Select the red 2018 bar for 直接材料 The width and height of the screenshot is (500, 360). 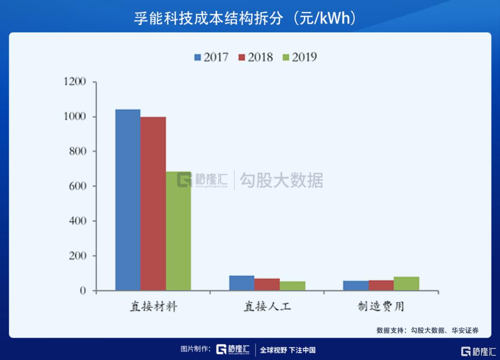[x=153, y=204]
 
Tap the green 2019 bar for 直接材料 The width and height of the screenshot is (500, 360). [x=178, y=231]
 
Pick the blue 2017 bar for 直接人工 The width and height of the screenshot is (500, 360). [x=242, y=283]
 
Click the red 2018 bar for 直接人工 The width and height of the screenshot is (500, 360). [x=267, y=284]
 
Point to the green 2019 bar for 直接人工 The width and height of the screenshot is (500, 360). [x=292, y=286]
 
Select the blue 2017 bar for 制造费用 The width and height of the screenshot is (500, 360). [x=356, y=286]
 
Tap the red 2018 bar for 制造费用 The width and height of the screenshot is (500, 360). [x=381, y=285]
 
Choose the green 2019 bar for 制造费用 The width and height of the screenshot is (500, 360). [x=406, y=284]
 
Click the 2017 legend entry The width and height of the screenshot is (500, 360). [x=211, y=57]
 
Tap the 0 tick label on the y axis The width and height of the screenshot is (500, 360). [x=83, y=291]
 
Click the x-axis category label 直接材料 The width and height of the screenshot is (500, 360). [x=153, y=307]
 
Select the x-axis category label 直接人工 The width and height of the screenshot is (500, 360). [x=267, y=307]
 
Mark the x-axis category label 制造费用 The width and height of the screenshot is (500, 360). [x=381, y=307]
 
